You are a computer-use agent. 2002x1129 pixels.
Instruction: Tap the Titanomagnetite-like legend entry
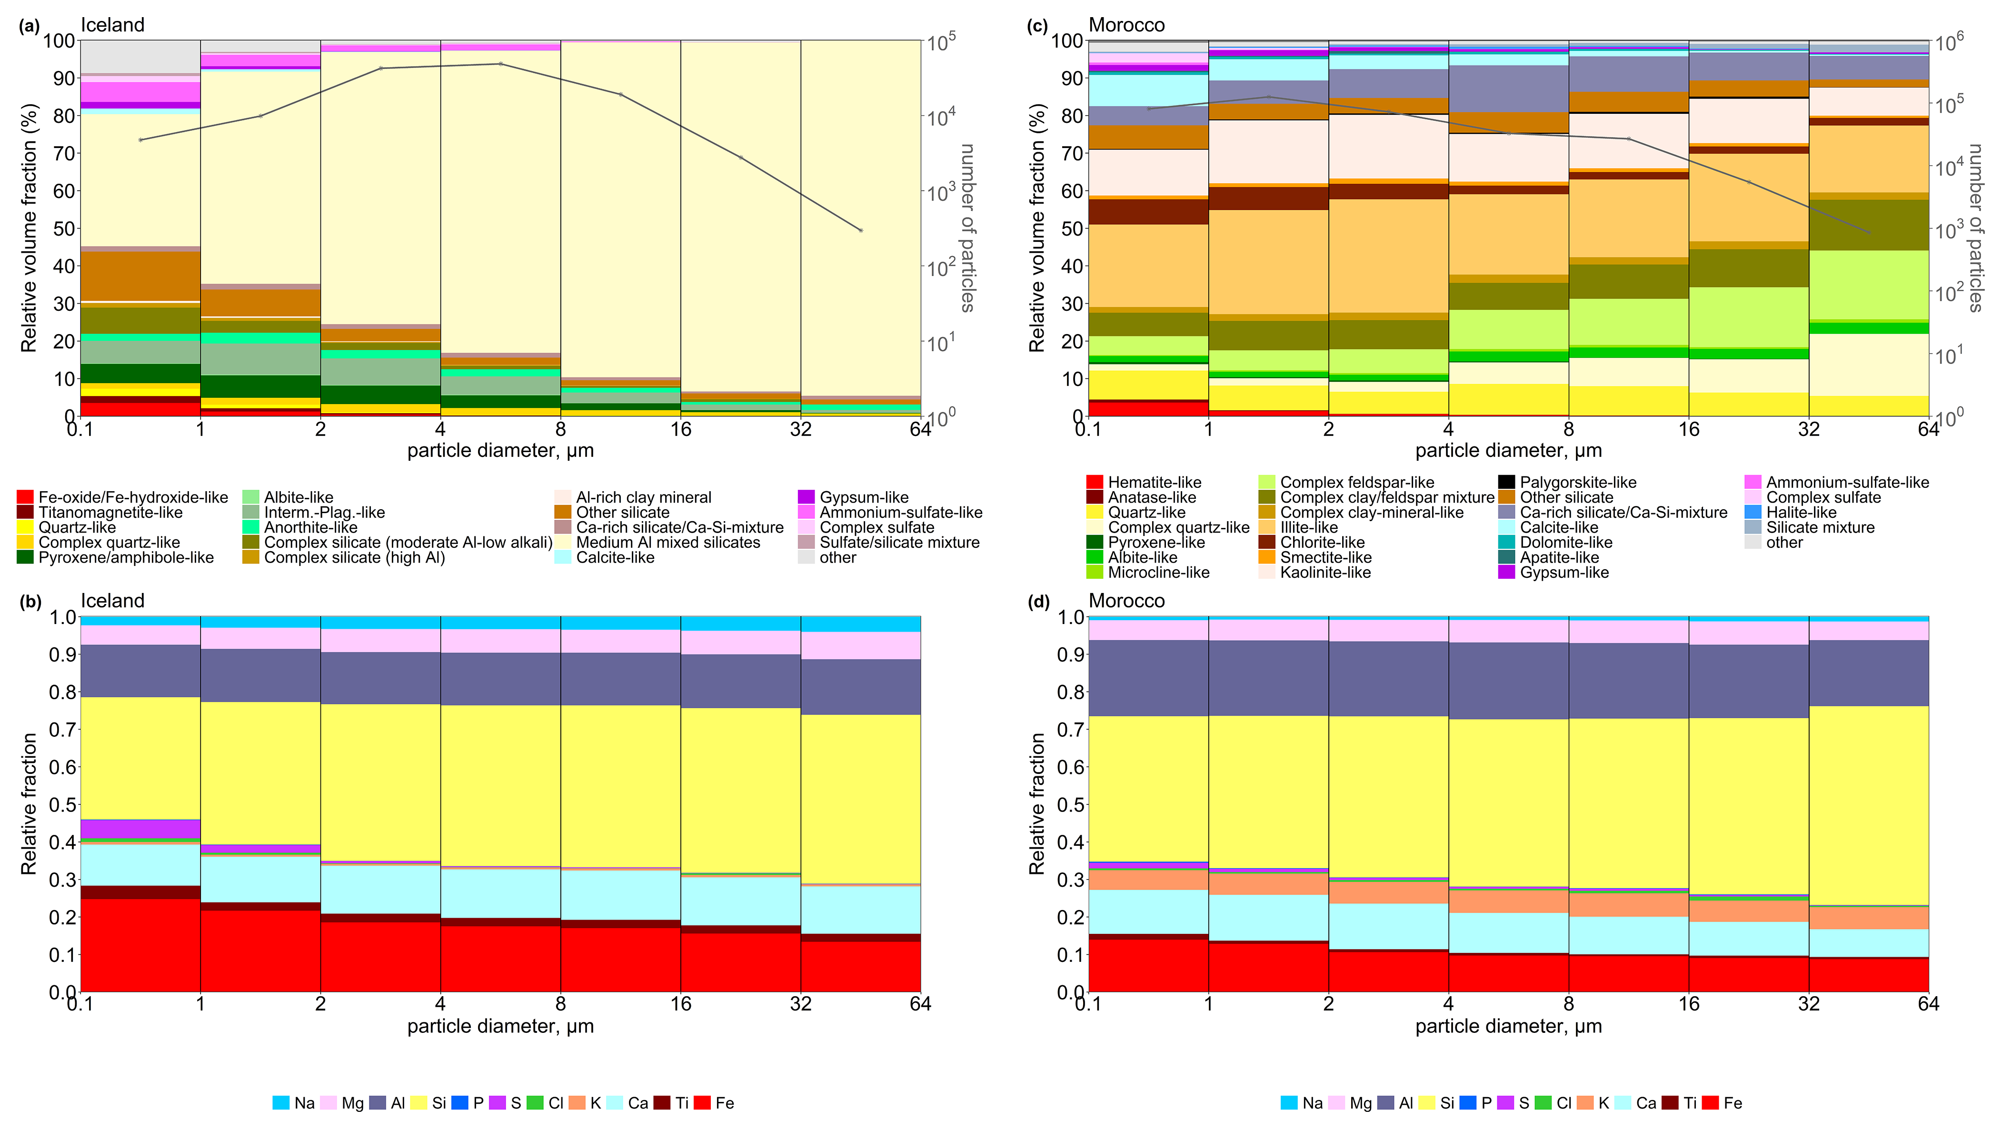coord(110,513)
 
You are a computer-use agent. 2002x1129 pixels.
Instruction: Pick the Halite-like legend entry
coord(1801,513)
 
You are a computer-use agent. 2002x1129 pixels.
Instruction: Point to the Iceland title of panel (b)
coord(113,601)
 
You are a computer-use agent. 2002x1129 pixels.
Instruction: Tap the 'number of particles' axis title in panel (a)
coord(967,228)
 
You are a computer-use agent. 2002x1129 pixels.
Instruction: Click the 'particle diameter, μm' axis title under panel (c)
coord(1508,451)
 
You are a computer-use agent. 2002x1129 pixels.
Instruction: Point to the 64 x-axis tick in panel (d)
coord(1928,1004)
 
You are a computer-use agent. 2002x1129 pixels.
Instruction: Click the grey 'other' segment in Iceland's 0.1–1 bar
coord(140,56)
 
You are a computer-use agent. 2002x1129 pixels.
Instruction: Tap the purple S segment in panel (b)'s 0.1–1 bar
coord(140,829)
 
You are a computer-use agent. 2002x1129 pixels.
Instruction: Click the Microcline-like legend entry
coord(1157,573)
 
